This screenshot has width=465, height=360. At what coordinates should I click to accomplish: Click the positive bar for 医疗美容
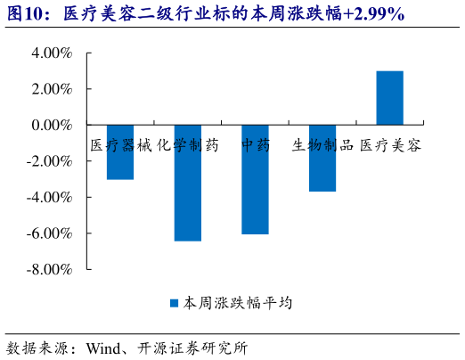[389, 98]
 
